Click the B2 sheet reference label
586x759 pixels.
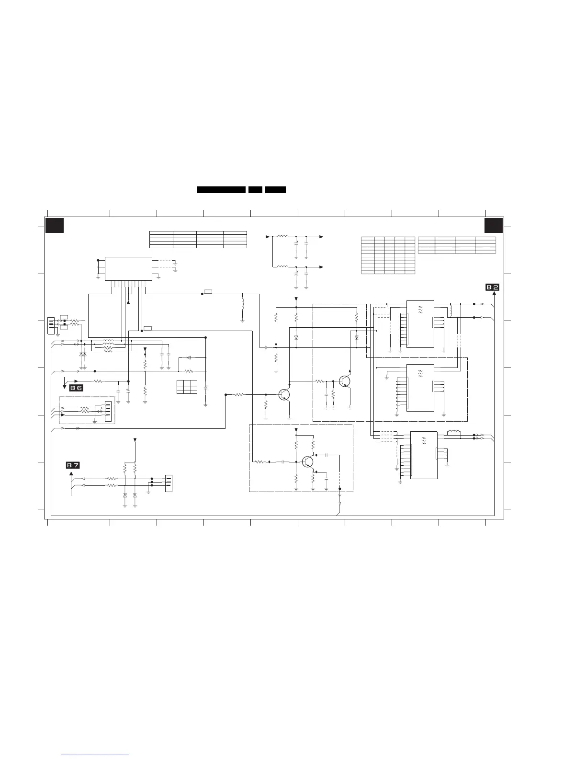(492, 287)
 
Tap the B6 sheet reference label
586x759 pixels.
(76, 388)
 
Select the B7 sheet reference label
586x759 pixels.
(73, 465)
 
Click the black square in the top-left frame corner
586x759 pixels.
(55, 225)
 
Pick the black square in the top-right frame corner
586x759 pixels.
(494, 225)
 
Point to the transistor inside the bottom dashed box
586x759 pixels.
(307, 462)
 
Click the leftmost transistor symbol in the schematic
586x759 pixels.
(284, 395)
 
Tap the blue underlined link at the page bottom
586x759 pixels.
(95, 754)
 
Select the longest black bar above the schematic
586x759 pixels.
(221, 190)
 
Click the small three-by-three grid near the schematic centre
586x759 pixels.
(187, 387)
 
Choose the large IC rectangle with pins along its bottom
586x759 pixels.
(128, 269)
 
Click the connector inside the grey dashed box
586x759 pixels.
(108, 409)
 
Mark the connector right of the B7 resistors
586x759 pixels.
(169, 483)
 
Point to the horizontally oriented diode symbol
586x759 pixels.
(189, 357)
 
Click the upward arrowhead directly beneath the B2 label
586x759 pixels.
(494, 293)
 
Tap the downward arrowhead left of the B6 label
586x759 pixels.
(64, 387)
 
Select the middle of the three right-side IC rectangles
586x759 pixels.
(420, 388)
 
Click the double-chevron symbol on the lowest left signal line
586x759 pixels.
(78, 428)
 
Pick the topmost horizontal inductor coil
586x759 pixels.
(282, 236)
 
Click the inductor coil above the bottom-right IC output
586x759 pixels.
(454, 432)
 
